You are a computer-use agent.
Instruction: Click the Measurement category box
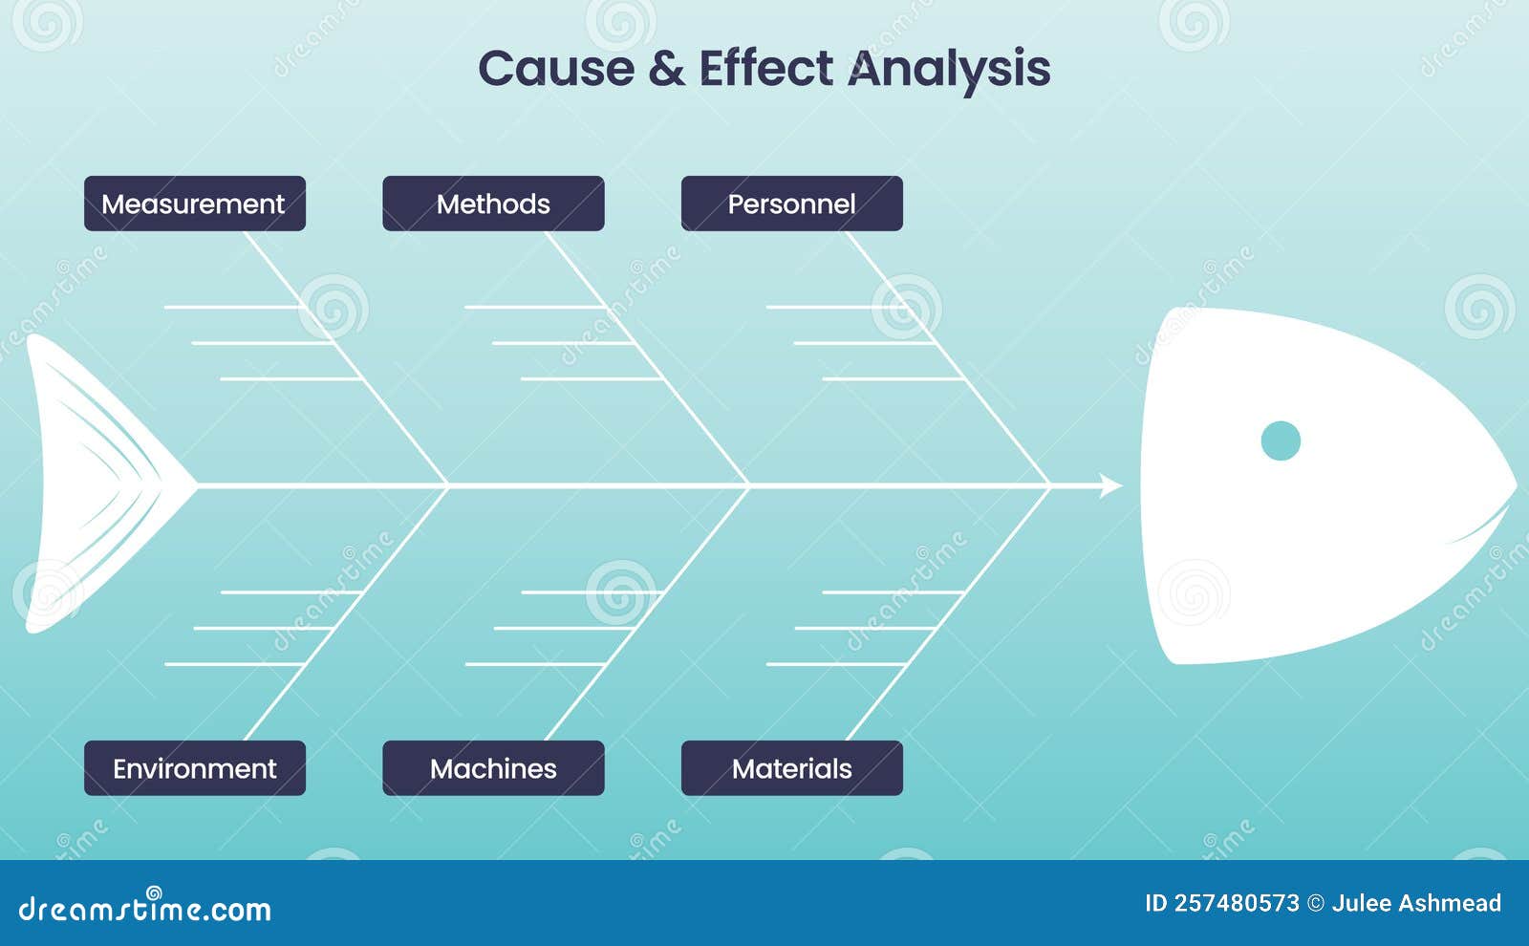pos(195,204)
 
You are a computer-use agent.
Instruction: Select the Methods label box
pos(493,204)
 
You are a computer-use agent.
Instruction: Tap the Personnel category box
pos(792,204)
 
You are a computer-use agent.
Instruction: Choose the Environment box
pos(195,768)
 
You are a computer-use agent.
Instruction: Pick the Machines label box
pos(493,768)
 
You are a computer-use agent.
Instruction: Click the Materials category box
pos(792,768)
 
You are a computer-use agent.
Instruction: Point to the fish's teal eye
pos(1281,441)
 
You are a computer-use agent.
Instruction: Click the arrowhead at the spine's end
pos(1110,485)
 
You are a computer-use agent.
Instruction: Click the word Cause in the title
pos(556,68)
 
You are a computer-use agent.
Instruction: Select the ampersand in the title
pos(666,68)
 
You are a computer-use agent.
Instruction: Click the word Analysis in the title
pos(949,70)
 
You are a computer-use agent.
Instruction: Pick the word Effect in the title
pos(765,68)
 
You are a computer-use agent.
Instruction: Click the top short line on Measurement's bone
pos(232,308)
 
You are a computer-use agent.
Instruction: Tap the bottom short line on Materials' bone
pos(836,663)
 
